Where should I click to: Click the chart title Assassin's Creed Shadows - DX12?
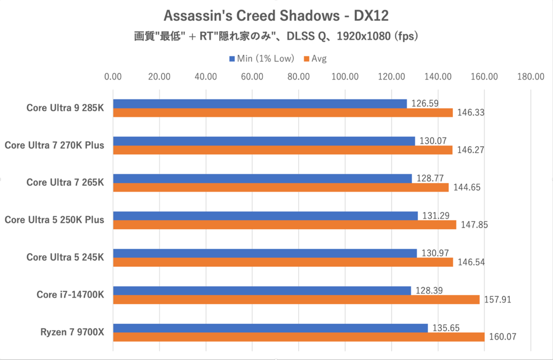[x=276, y=16]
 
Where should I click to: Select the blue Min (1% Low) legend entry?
[x=262, y=59]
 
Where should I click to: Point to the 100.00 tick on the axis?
[x=345, y=77]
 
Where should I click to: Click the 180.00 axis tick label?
[x=531, y=77]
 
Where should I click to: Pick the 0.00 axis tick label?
[x=113, y=77]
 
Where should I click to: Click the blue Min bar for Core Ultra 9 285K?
[x=260, y=104]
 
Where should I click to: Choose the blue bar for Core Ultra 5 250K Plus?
[x=265, y=216]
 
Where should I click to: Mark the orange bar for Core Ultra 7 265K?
[x=281, y=188]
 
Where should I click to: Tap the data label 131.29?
[x=434, y=215]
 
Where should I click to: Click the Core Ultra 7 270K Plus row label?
[x=54, y=145]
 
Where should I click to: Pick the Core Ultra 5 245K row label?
[x=65, y=257]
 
